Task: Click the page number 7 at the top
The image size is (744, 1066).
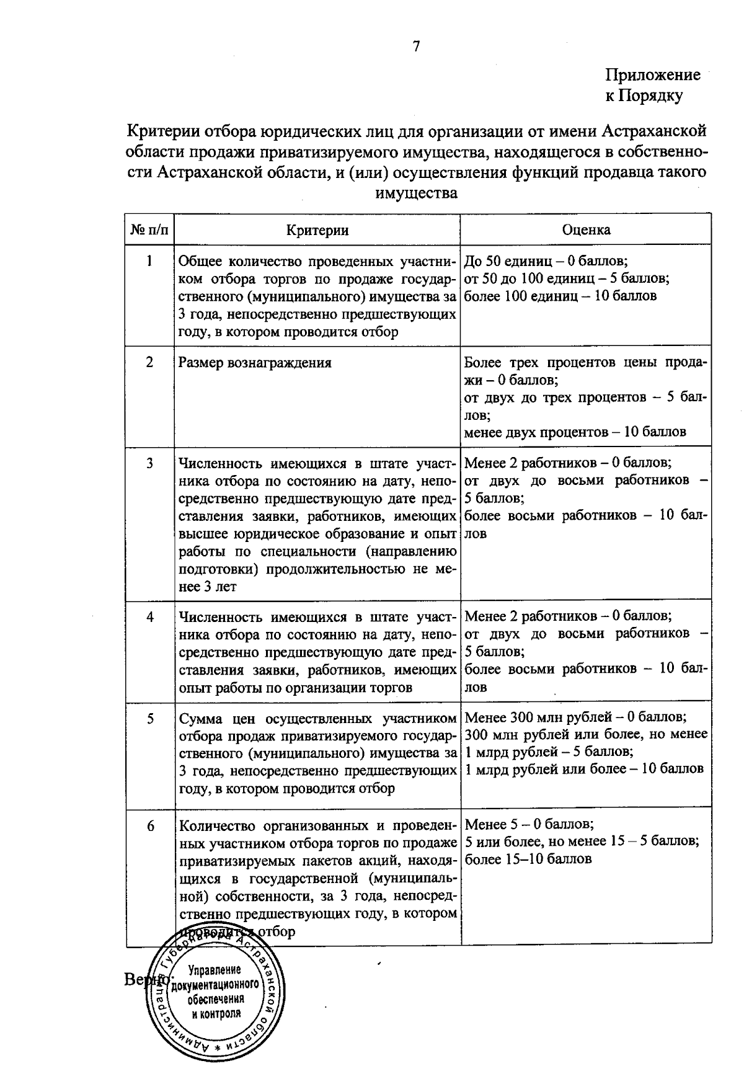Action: click(x=416, y=46)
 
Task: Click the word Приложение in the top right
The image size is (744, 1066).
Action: click(x=652, y=75)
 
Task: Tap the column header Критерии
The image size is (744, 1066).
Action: click(x=317, y=230)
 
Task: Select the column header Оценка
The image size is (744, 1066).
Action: click(x=586, y=230)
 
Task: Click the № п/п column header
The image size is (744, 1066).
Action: click(x=149, y=230)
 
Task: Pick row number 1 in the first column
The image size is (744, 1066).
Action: click(x=149, y=261)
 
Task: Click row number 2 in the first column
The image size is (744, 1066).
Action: click(x=149, y=362)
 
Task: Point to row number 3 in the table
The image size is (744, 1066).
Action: click(x=149, y=463)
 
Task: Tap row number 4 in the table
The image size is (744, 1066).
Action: click(x=149, y=617)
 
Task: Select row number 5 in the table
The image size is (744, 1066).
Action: click(x=149, y=718)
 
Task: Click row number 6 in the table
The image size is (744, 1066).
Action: click(x=149, y=825)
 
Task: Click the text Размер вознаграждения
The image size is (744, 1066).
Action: click(x=255, y=363)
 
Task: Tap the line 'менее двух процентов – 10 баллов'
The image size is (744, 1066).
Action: click(x=575, y=432)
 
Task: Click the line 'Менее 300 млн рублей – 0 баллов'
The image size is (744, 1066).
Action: click(x=575, y=717)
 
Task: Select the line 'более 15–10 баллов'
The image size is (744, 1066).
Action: click(x=528, y=859)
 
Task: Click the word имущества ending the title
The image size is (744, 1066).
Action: click(x=417, y=193)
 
